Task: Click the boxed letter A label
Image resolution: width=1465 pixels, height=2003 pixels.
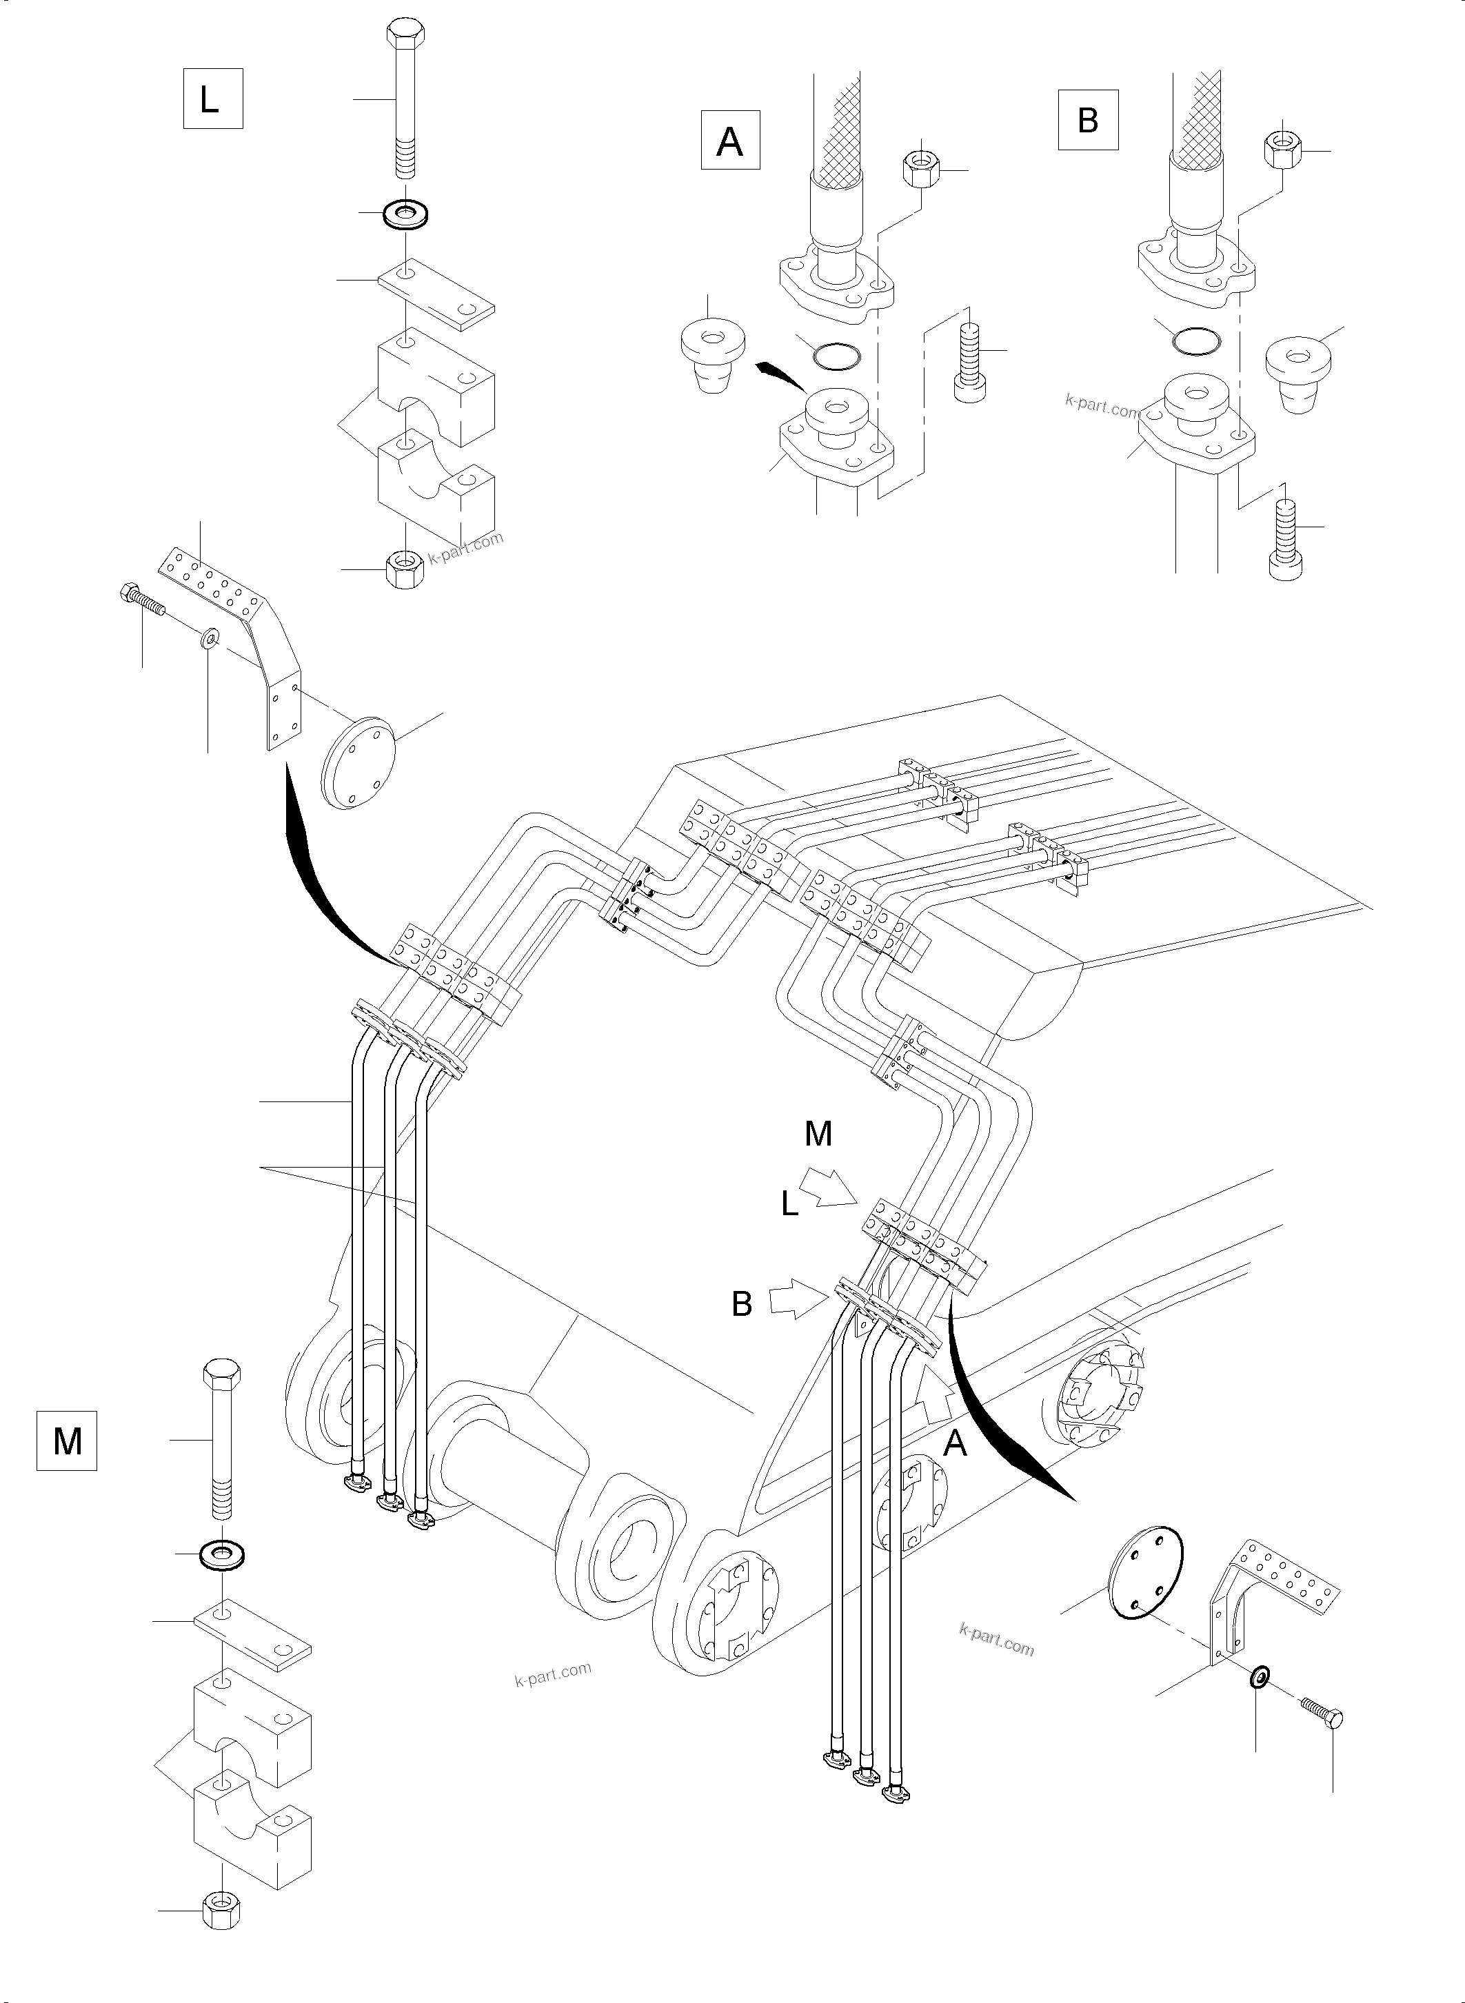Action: point(730,139)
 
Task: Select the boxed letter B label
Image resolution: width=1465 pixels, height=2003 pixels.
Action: point(1087,120)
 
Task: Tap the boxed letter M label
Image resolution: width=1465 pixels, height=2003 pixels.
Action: point(66,1442)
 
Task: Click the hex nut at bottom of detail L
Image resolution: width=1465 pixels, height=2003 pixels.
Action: point(405,569)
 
